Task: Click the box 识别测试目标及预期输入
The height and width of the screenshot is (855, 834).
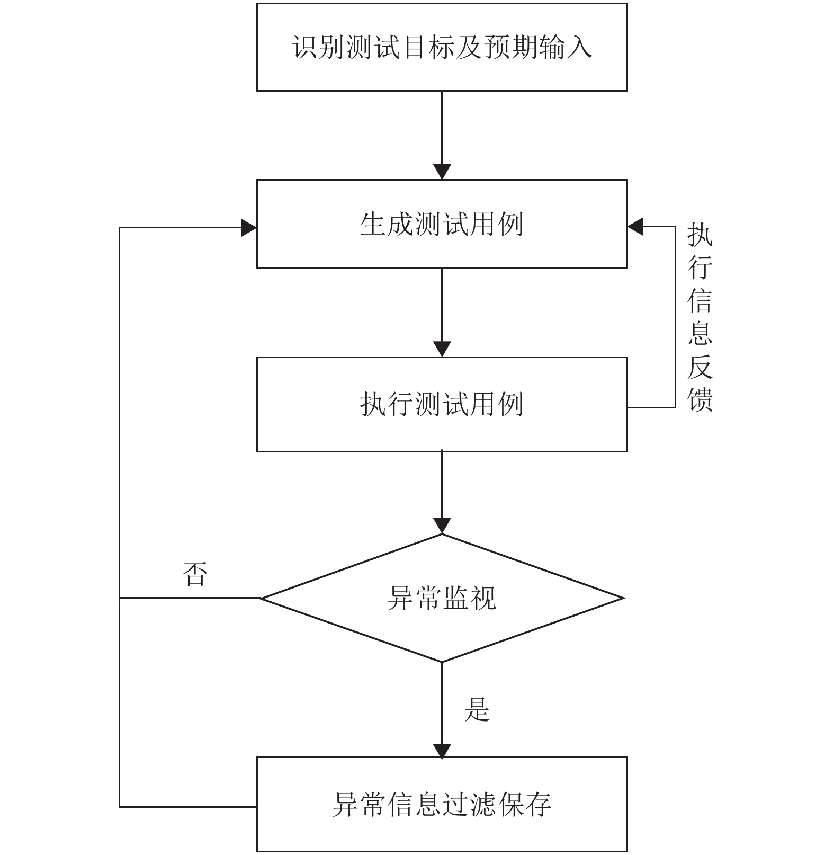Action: coord(442,47)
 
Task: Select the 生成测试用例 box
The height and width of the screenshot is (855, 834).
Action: coord(442,224)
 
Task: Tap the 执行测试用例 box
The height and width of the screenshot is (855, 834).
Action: coord(442,404)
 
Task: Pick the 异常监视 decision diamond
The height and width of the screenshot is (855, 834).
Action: coord(442,598)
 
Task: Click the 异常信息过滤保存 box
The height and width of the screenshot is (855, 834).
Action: coord(442,804)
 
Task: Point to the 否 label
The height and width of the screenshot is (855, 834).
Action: coord(194,574)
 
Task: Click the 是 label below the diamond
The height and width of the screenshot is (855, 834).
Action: coord(477,709)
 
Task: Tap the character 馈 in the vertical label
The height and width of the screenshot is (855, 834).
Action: coord(700,399)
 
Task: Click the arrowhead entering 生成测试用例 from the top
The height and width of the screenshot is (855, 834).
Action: coord(442,172)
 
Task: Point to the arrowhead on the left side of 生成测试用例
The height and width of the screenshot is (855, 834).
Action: coord(249,228)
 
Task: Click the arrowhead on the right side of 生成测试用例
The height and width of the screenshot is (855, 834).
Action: coord(635,227)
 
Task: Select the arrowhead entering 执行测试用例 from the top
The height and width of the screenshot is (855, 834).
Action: coord(442,350)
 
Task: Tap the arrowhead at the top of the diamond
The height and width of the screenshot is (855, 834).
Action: coord(442,526)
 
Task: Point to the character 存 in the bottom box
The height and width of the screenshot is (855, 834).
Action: coord(537,804)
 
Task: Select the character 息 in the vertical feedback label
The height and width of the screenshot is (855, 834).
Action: coord(700,333)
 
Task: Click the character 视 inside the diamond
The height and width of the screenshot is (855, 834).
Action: coord(483,598)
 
